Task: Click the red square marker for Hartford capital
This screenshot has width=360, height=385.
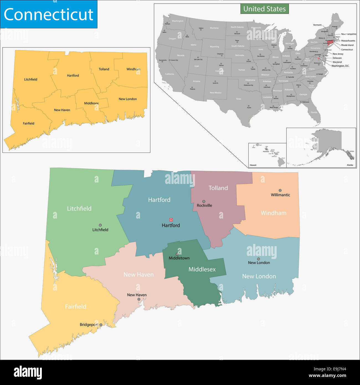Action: tap(171, 220)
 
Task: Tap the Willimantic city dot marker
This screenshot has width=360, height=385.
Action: tap(280, 190)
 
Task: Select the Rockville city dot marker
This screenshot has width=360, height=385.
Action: tap(204, 201)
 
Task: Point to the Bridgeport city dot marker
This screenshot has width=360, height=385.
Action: tap(101, 325)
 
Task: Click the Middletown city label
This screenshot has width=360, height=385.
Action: tap(179, 258)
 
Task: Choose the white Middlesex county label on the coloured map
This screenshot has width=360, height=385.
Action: tap(202, 269)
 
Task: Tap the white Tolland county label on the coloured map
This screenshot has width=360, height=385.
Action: tap(218, 188)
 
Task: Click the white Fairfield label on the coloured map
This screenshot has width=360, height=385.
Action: tap(76, 307)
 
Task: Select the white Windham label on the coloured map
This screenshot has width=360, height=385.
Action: tap(273, 213)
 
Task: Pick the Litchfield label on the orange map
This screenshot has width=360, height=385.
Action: tap(30, 79)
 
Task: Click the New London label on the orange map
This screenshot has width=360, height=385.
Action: tap(128, 99)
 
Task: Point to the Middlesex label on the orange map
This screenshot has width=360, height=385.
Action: tap(91, 103)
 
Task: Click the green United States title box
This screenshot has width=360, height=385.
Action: tap(264, 9)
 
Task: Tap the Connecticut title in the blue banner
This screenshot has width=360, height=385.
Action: tap(48, 14)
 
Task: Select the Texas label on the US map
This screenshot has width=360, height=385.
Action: tap(238, 99)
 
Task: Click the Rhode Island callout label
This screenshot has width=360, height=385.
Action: tap(347, 45)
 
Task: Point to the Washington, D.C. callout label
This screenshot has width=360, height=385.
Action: tap(340, 66)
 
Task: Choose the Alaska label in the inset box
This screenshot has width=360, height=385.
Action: tap(350, 165)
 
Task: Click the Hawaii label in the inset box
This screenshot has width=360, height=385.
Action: tap(253, 165)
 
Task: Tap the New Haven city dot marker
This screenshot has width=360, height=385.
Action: tap(139, 299)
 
